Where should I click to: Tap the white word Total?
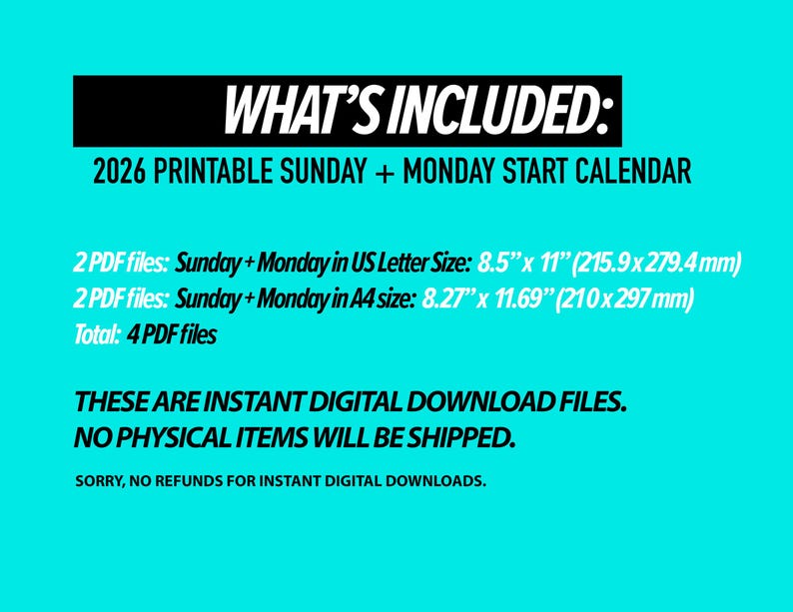coord(96,335)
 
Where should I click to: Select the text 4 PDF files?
coord(172,335)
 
